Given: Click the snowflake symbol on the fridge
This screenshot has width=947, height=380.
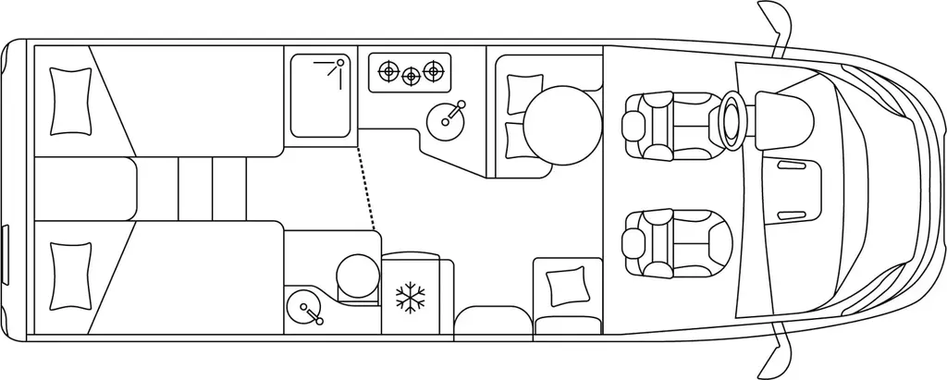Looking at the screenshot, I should (x=410, y=298).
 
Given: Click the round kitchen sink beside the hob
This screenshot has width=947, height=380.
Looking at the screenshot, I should (x=447, y=117).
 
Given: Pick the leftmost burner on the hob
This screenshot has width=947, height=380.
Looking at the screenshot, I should (x=387, y=70).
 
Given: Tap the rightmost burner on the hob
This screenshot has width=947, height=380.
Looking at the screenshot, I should (x=430, y=70).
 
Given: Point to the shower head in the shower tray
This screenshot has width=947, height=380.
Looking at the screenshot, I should (x=339, y=64).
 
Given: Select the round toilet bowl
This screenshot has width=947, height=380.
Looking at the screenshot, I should (x=353, y=274).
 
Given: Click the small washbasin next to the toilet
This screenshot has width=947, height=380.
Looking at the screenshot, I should (x=306, y=308).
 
